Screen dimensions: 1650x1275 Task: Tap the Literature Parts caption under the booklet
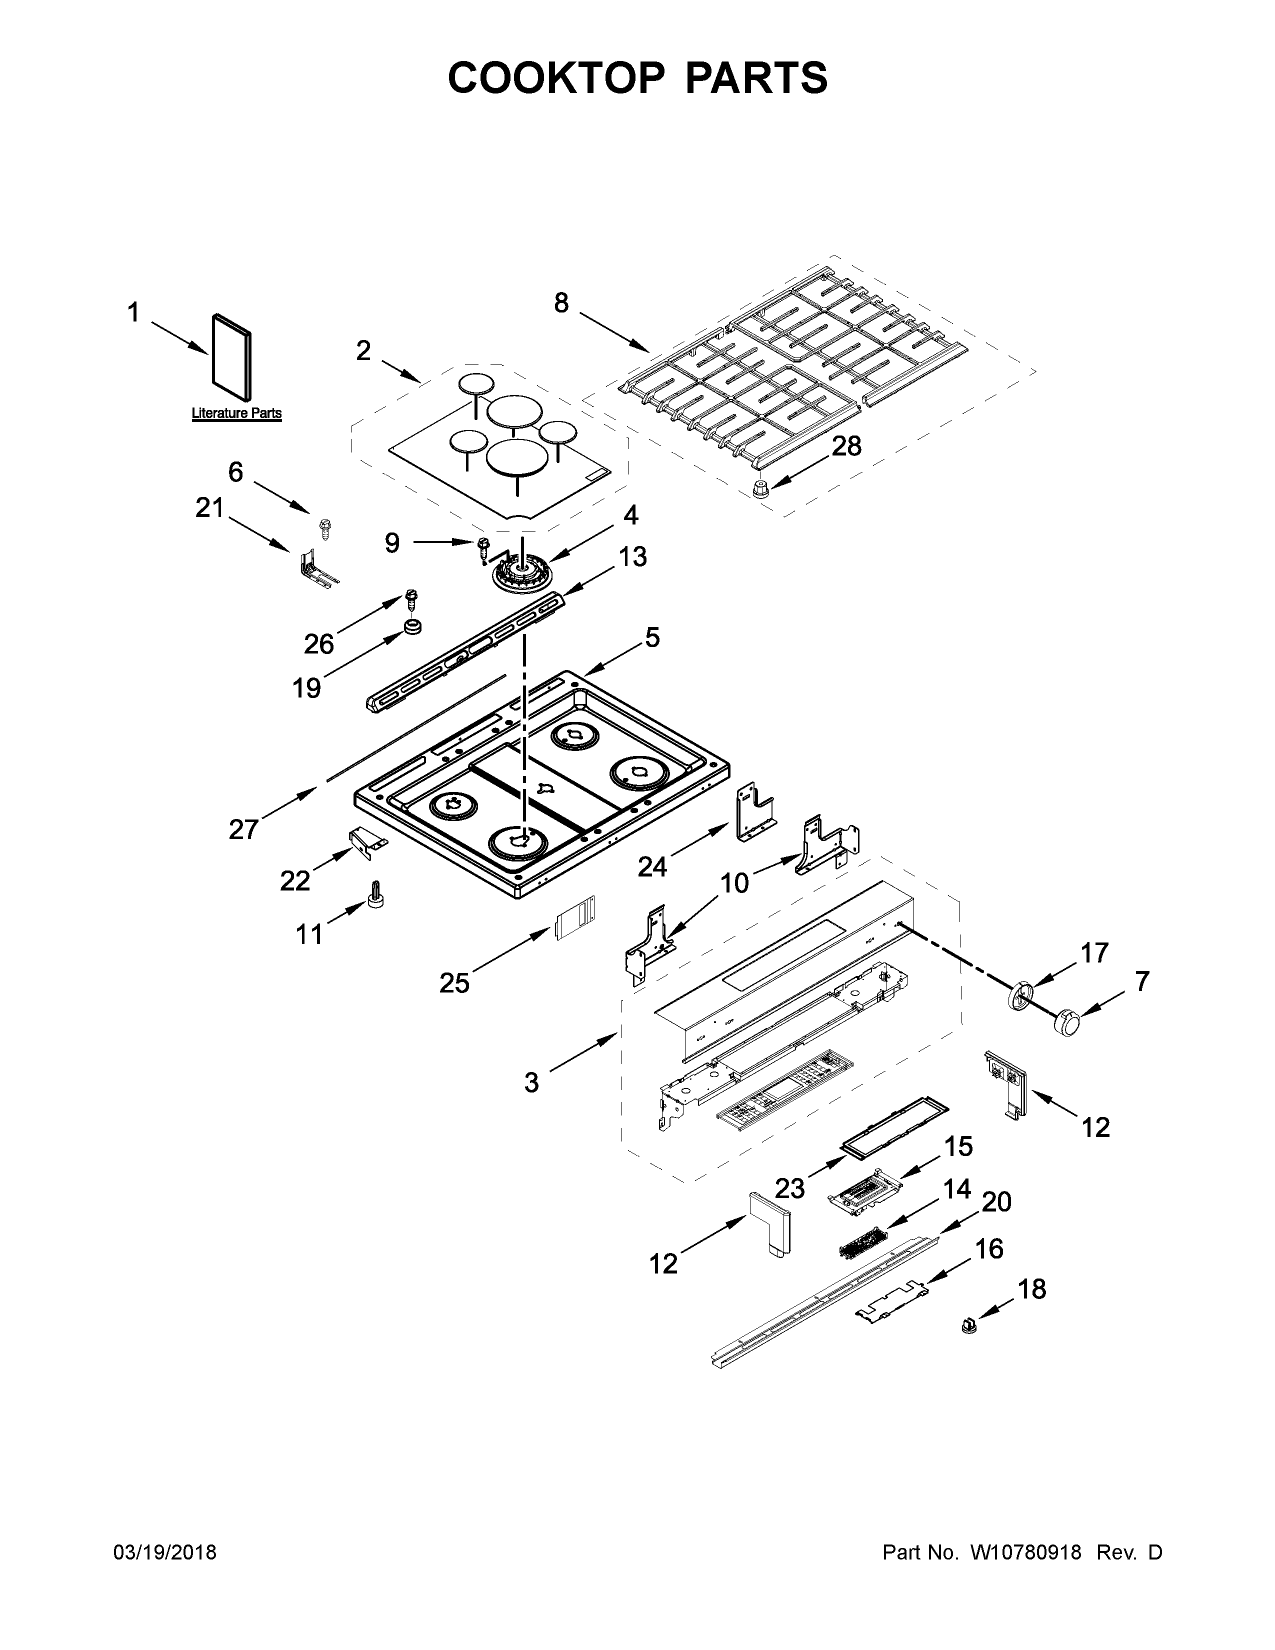[x=236, y=413]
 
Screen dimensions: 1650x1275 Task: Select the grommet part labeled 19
[x=412, y=626]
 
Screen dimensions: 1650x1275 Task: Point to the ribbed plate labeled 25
[x=575, y=918]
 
